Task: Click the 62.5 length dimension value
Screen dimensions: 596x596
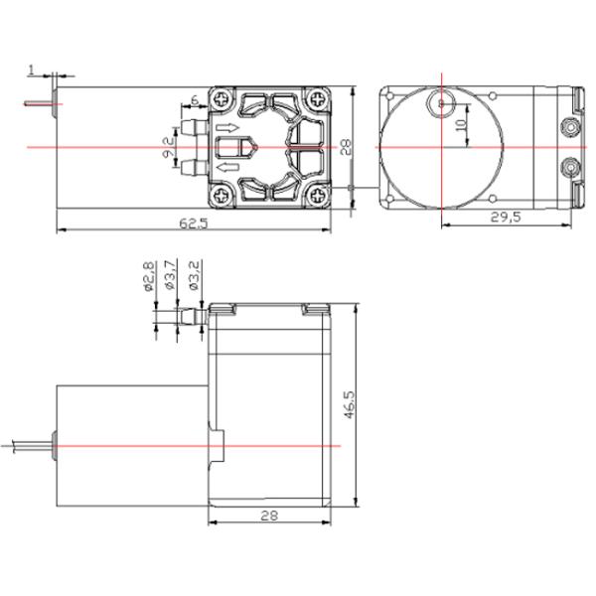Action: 193,224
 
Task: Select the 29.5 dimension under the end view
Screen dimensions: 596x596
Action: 507,218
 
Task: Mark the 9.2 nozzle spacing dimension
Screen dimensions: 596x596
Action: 168,149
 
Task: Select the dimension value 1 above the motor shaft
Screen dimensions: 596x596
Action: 32,71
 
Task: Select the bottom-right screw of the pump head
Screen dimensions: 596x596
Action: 316,195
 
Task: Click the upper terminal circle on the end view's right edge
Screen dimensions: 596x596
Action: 570,127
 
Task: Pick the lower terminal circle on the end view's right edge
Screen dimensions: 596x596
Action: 570,166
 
